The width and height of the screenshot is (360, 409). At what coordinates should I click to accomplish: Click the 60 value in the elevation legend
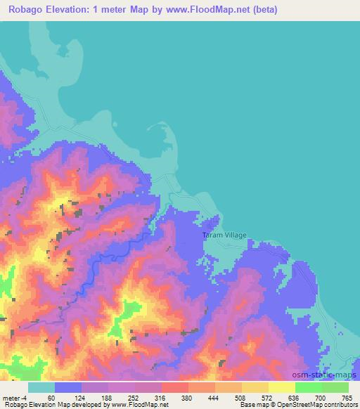[x=51, y=397]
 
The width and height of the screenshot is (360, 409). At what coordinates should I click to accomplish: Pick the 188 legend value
[x=106, y=397]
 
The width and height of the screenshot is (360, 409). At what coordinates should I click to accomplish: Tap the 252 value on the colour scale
[x=134, y=397]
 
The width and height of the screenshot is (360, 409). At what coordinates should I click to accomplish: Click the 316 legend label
[x=161, y=397]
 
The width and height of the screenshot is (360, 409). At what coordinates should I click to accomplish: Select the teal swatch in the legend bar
[x=41, y=387]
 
